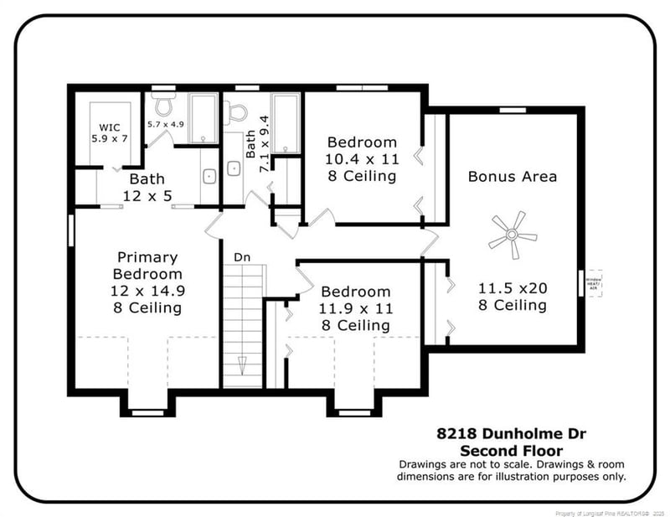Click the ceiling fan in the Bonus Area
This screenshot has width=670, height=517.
[512, 234]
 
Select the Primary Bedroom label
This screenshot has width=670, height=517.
[148, 282]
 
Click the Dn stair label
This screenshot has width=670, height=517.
[242, 257]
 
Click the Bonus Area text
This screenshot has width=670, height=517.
[512, 177]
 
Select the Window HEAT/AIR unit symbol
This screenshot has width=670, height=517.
[594, 286]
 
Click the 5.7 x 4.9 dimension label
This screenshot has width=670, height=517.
[165, 124]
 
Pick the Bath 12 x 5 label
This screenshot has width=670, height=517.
[147, 186]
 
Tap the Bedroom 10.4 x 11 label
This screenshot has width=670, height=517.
[363, 158]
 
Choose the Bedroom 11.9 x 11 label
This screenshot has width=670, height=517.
[356, 308]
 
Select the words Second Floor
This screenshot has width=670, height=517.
[512, 450]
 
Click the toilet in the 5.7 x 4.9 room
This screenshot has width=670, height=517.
[164, 105]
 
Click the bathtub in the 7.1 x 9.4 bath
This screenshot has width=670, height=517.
[286, 124]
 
